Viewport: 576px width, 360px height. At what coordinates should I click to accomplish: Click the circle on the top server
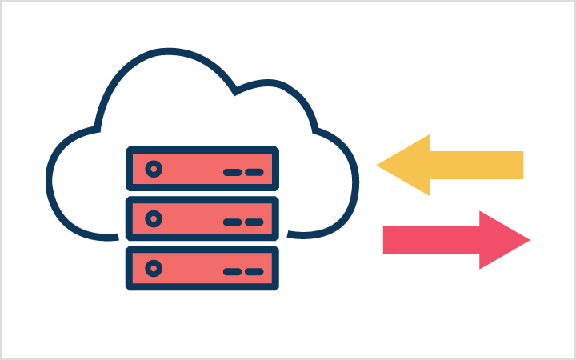click(x=154, y=169)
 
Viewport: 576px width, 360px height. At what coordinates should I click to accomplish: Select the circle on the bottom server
click(x=154, y=268)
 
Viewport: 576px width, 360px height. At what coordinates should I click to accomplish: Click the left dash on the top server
click(x=233, y=172)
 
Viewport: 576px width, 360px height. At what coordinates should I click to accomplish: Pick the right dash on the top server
click(x=254, y=172)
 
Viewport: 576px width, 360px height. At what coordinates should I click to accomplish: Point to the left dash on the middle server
click(x=233, y=222)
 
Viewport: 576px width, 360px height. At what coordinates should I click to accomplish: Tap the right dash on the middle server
click(x=254, y=222)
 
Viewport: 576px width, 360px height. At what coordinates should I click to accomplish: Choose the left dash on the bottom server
click(x=233, y=271)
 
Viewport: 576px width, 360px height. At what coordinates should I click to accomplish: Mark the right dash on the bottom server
click(x=254, y=271)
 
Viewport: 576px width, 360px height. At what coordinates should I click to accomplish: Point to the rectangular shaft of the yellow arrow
click(x=476, y=166)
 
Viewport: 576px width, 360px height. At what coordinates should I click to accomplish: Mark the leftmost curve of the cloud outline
click(x=50, y=184)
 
